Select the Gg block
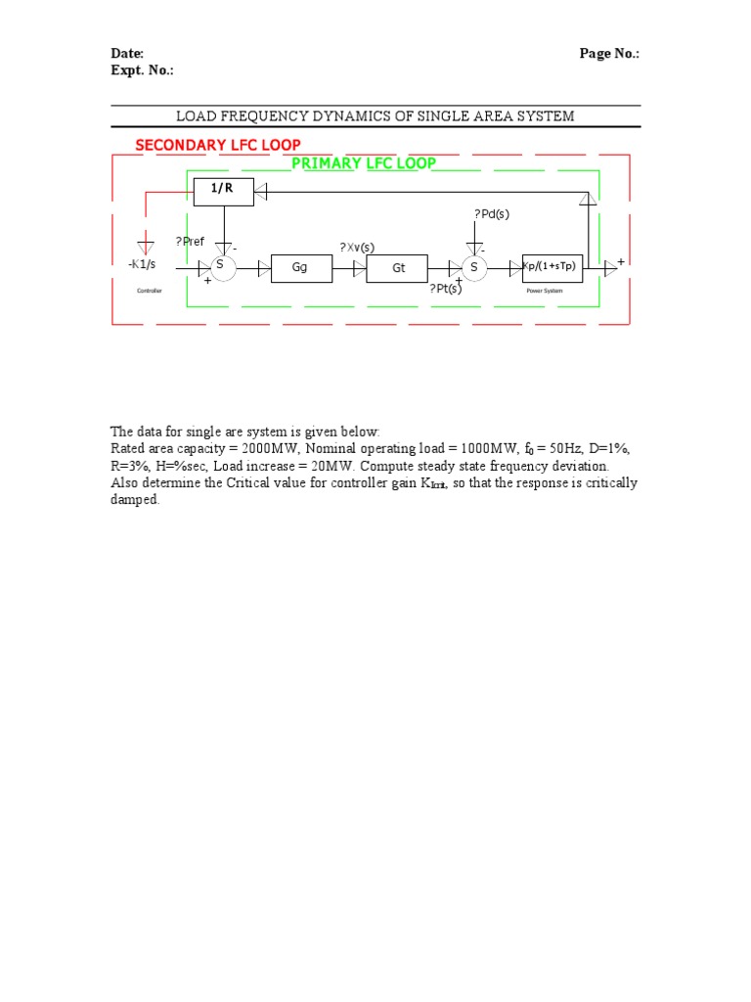299,267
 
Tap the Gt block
398,267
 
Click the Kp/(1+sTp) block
555,267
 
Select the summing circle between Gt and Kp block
474,267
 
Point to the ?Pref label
190,242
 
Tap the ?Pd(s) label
491,214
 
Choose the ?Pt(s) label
446,288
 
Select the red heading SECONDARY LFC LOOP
218,145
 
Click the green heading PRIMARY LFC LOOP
364,163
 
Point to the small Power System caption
547,291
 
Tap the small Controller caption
149,291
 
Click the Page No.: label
609,54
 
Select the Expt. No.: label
141,70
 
